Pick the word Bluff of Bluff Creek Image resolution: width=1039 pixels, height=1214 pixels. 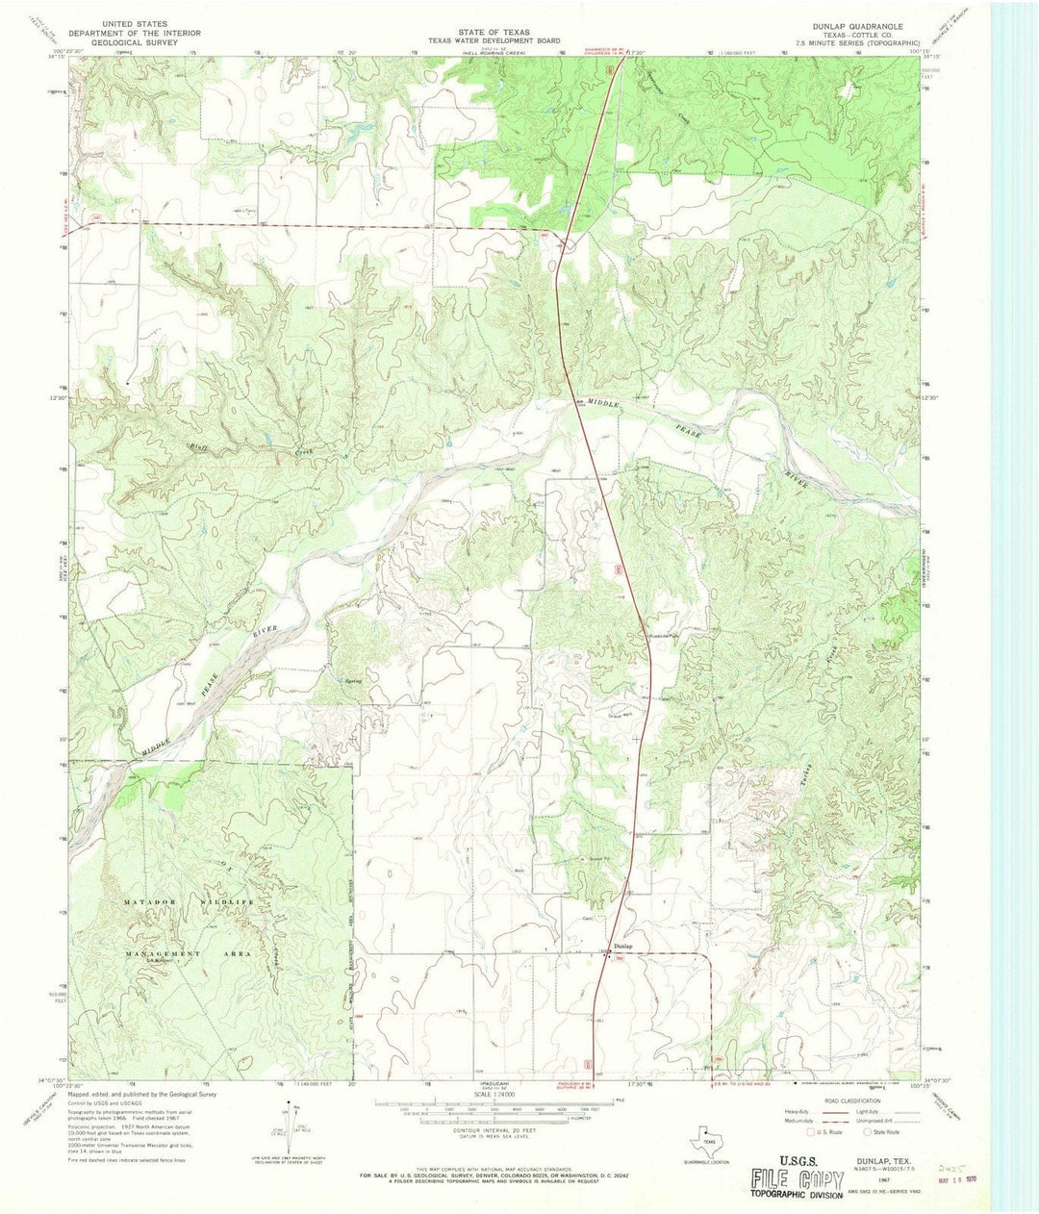pyautogui.click(x=200, y=447)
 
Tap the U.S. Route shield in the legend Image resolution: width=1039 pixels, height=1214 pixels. pyautogui.click(x=812, y=1131)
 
